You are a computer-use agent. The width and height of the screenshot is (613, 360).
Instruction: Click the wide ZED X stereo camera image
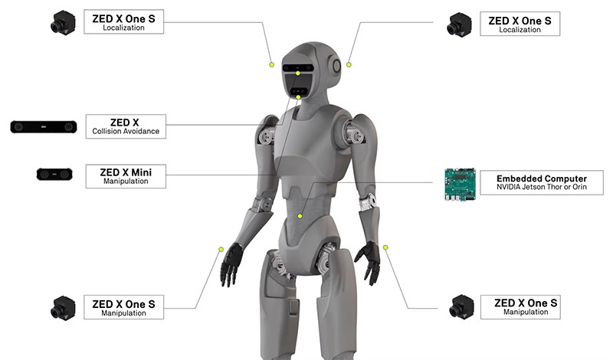[44, 127]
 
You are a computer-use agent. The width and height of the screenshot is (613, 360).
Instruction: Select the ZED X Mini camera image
[54, 175]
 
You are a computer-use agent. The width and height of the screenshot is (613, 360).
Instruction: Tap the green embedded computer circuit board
[461, 185]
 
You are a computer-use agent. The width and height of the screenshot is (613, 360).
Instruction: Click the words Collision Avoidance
[126, 131]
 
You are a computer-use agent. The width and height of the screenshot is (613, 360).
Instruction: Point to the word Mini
[142, 172]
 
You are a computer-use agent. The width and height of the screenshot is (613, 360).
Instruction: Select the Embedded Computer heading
[542, 178]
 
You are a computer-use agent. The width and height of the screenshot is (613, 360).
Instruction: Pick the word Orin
[580, 187]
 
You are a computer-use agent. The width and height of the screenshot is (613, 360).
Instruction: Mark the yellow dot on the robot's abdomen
[300, 216]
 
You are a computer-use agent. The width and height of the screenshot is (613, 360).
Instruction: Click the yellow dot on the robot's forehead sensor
[298, 73]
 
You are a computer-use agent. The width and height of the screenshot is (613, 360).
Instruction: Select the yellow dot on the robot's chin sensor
[298, 97]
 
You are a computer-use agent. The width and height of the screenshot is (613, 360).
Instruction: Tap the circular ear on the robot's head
[336, 66]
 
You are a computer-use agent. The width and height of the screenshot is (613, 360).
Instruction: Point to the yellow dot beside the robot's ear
[349, 64]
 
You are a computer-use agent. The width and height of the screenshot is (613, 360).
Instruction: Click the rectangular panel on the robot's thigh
[294, 306]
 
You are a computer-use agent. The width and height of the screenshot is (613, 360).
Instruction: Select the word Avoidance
[140, 131]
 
